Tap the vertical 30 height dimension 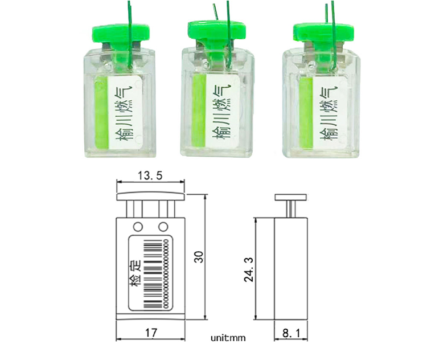point(198,257)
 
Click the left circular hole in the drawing point(137,226)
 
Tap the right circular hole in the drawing point(163,226)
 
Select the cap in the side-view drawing point(291,198)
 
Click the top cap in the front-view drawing point(151,197)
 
